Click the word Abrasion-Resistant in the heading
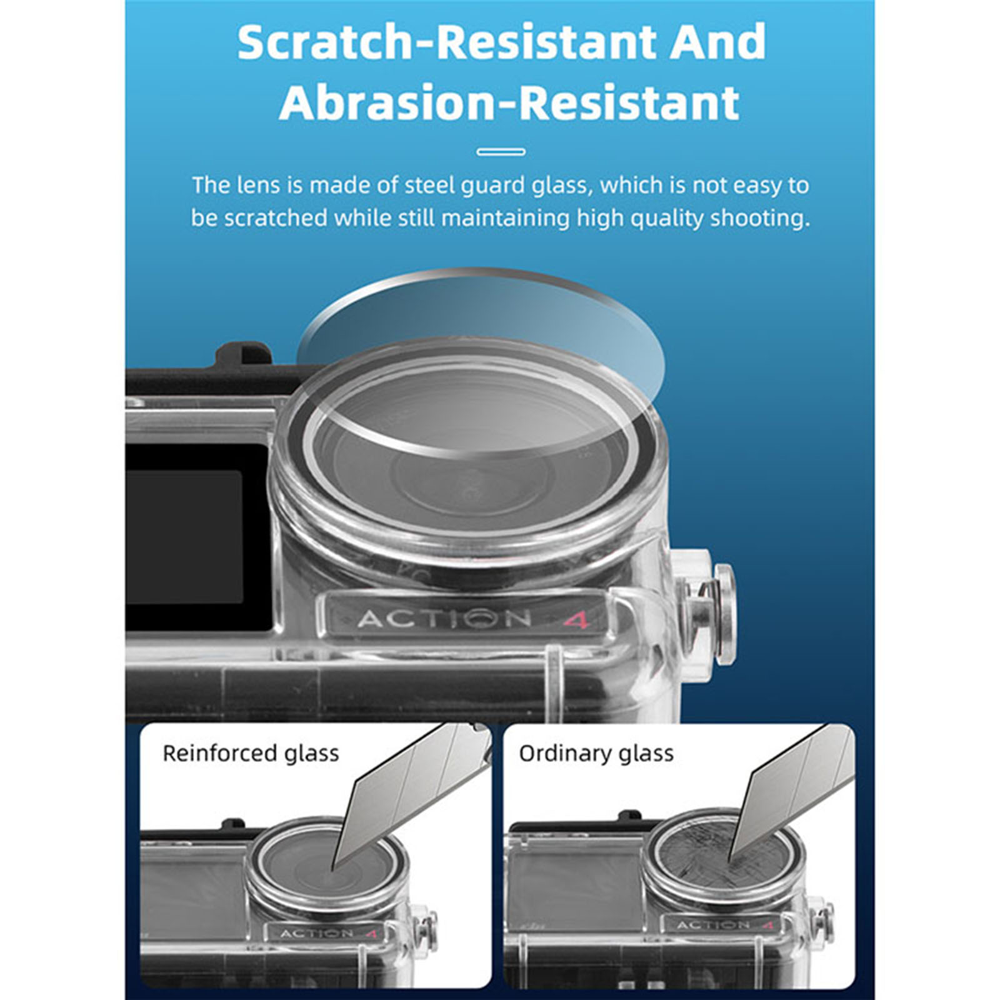[x=509, y=102]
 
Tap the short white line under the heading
[x=501, y=151]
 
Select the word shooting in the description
[x=766, y=219]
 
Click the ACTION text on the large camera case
[x=444, y=619]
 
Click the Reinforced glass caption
[x=251, y=753]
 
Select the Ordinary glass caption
[x=596, y=753]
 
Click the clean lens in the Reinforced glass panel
[x=324, y=866]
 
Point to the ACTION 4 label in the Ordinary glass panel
[x=725, y=925]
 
